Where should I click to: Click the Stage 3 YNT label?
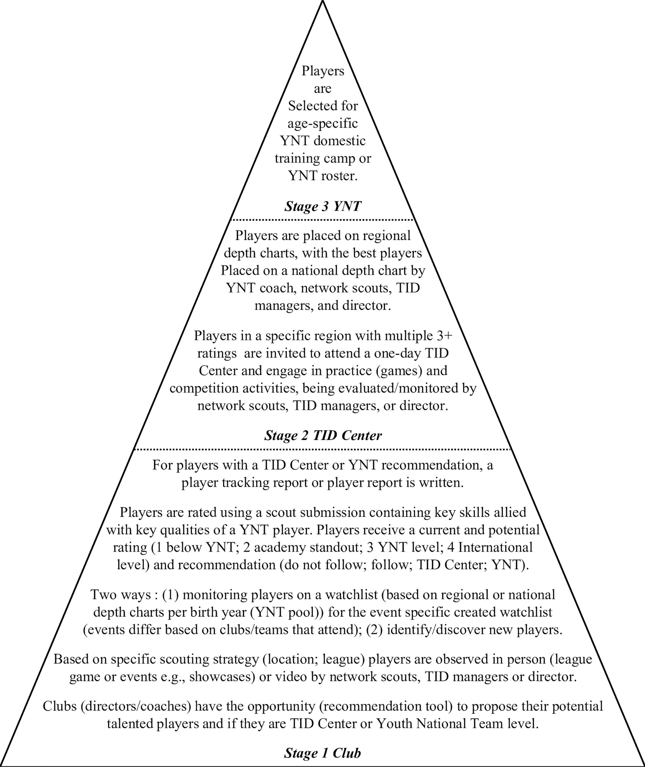(323, 206)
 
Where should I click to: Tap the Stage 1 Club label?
(323, 753)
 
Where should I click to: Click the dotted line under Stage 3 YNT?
(323, 220)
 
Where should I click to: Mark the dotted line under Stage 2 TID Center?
(323, 449)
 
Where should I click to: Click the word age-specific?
(323, 123)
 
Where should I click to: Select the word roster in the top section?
(339, 176)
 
